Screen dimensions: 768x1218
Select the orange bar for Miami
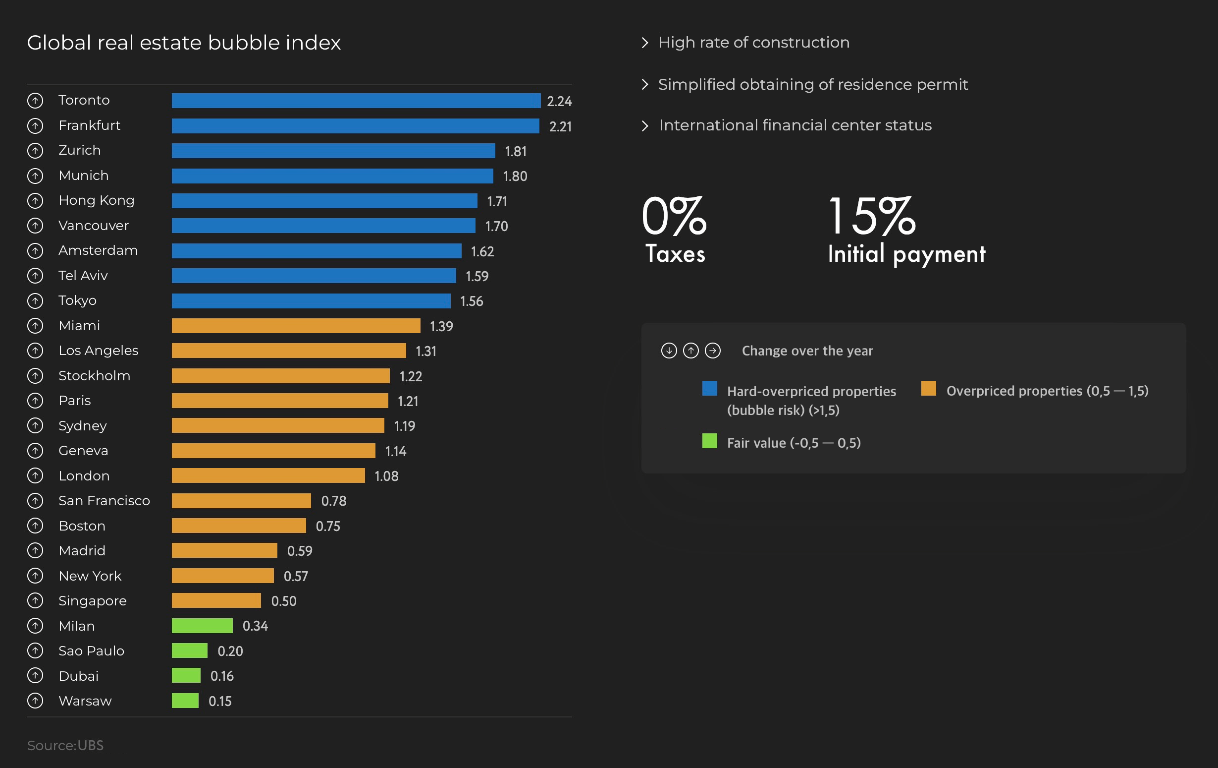(296, 326)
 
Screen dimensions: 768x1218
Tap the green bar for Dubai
(186, 676)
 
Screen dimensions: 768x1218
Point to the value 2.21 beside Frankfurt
(560, 126)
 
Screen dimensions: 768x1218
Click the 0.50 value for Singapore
(284, 601)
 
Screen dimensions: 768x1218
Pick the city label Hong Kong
(97, 200)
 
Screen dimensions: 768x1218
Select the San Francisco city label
(104, 501)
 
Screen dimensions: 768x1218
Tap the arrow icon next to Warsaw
(35, 701)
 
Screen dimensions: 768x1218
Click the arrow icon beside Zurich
(35, 151)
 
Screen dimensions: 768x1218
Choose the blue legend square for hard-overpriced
(710, 388)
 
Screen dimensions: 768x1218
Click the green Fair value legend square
(710, 441)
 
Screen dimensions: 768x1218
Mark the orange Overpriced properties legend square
(928, 388)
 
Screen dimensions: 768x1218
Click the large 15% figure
(871, 216)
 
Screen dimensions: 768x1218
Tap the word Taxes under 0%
(675, 254)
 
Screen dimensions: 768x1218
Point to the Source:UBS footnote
(65, 745)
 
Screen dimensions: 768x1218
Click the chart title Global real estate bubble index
(184, 43)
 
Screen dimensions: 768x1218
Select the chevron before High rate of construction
(645, 43)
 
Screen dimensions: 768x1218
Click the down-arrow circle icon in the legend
(669, 351)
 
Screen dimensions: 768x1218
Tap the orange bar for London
(268, 476)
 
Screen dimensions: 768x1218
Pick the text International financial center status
(795, 125)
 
